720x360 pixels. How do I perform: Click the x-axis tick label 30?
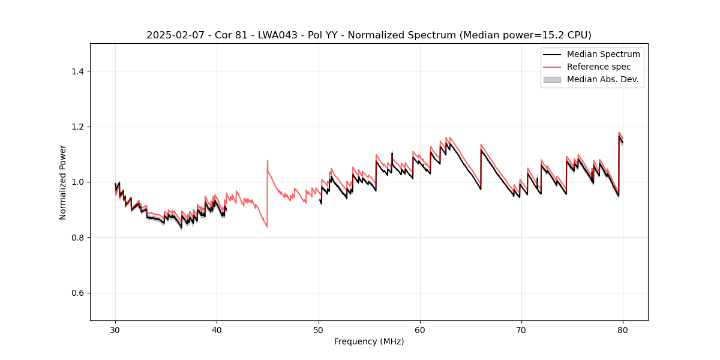(x=115, y=329)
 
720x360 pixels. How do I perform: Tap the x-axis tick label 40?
(x=217, y=329)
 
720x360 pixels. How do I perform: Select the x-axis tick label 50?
(x=319, y=329)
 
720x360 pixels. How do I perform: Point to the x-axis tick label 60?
(x=420, y=329)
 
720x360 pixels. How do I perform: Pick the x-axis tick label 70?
(x=521, y=329)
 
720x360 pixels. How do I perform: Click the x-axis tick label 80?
(x=623, y=329)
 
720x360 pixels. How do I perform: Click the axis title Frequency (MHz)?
(x=369, y=341)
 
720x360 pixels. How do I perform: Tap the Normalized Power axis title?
(x=63, y=182)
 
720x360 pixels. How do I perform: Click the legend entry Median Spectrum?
(x=603, y=54)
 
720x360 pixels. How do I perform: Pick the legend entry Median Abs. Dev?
(x=602, y=79)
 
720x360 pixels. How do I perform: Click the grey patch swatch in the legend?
(x=552, y=79)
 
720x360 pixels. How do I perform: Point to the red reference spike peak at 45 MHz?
(x=268, y=160)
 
